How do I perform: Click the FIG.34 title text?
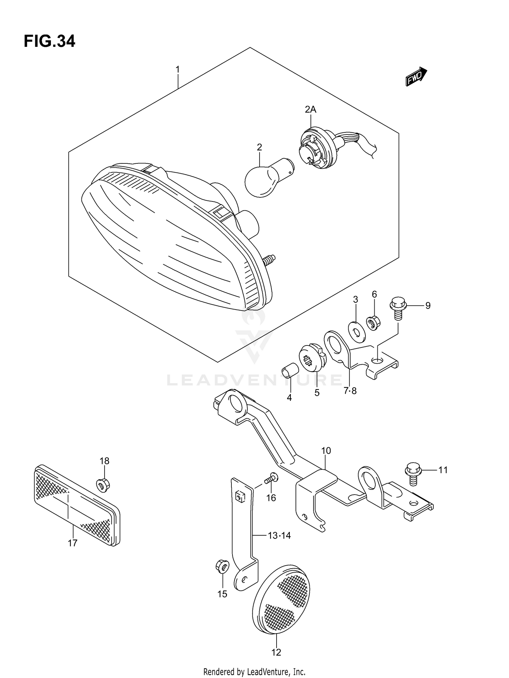[x=50, y=41]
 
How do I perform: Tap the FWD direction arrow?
[x=416, y=76]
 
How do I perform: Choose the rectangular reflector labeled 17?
[x=77, y=506]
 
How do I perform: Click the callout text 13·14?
[x=279, y=536]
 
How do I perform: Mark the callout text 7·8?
[x=350, y=391]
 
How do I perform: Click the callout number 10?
[x=326, y=451]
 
